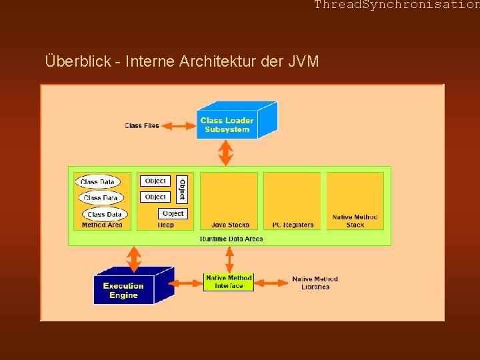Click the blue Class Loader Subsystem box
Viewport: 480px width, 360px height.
[227, 125]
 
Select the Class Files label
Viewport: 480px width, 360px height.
[141, 125]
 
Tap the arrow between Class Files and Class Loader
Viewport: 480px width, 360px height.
[177, 125]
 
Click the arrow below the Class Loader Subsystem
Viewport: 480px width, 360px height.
[226, 153]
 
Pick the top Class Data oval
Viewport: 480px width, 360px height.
[98, 181]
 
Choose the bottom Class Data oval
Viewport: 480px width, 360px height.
[105, 214]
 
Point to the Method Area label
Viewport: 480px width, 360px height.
[102, 225]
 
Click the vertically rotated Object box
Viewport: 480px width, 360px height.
[182, 189]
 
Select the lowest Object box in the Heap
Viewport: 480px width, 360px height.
[173, 213]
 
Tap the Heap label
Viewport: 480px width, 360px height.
[166, 225]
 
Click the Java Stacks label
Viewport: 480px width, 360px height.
[230, 225]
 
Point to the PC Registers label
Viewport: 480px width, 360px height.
[293, 225]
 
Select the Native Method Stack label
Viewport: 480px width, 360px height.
[355, 221]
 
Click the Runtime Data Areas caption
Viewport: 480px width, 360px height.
[231, 239]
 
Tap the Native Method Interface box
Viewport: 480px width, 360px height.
[229, 282]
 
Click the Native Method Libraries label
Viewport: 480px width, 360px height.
[315, 283]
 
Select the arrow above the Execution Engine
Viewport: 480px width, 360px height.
[134, 259]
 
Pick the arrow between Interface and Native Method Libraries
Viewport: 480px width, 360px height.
[270, 283]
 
